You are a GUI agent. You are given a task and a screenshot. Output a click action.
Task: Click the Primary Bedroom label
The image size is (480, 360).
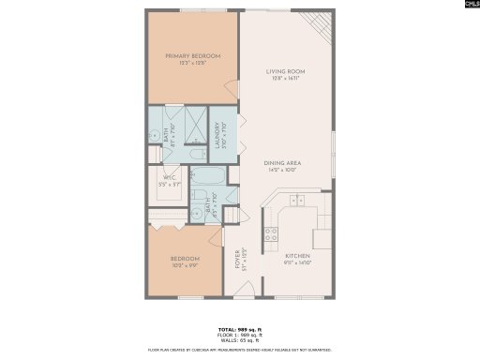pos(193,56)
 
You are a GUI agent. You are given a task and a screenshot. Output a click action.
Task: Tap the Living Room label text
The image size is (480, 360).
pos(285,71)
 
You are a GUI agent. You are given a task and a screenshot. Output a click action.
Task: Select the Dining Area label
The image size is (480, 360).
pos(283,163)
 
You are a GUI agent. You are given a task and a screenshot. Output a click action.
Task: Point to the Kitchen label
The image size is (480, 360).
pos(297,256)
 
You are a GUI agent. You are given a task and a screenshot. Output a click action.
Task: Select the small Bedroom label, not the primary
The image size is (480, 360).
pos(184,258)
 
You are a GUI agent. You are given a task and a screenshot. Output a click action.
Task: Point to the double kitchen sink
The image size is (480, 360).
pos(297,200)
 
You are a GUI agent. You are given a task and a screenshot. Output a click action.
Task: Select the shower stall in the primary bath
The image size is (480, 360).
pos(195,122)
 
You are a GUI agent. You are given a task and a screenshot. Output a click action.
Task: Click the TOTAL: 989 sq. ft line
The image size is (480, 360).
pos(240,331)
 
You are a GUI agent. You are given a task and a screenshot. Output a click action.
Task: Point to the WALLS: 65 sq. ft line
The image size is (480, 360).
pos(240,341)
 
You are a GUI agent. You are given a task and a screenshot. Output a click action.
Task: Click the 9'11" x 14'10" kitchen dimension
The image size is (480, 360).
pos(297,263)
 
